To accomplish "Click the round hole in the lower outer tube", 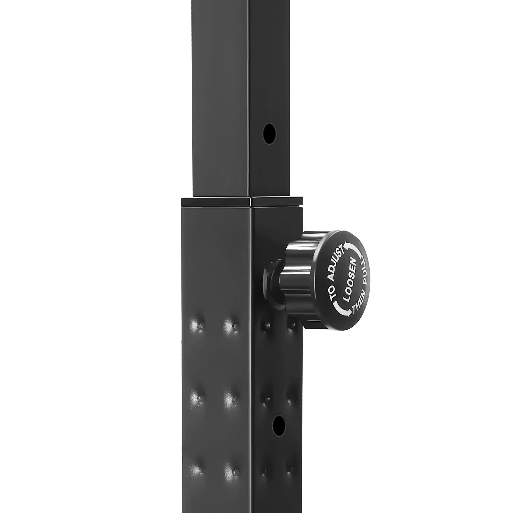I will (279, 425).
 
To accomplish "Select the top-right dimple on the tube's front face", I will (230, 326).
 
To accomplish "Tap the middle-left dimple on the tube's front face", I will (196, 398).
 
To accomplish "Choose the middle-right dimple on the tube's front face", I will (230, 399).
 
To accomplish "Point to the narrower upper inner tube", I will (224, 96).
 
